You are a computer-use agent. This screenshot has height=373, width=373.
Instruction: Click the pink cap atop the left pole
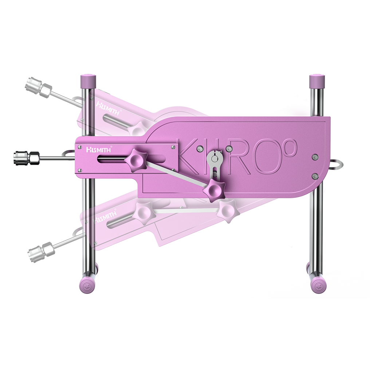pyautogui.click(x=88, y=79)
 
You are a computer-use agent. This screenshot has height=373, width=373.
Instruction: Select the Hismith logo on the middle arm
pyautogui.click(x=95, y=149)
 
